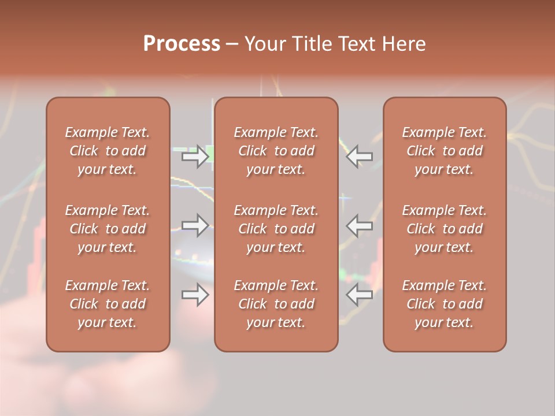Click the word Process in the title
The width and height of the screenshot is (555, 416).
182,44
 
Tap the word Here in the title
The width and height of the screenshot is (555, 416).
404,44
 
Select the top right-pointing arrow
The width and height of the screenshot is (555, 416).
195,157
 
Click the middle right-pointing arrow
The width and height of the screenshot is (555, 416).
195,225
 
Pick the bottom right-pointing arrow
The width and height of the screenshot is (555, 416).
195,295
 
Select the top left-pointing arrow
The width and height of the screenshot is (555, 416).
359,155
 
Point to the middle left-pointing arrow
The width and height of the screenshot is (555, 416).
359,225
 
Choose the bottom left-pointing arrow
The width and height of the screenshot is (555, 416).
359,295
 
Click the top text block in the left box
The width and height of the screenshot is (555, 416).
108,151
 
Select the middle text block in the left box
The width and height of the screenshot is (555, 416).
108,229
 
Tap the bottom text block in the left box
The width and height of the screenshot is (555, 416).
108,304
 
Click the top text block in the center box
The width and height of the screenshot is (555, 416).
276,151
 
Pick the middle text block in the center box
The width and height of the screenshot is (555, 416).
276,229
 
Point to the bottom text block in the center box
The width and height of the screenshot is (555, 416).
276,304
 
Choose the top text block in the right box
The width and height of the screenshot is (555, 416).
445,151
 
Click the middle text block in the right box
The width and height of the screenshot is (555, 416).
445,229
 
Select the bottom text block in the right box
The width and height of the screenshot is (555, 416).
445,304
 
